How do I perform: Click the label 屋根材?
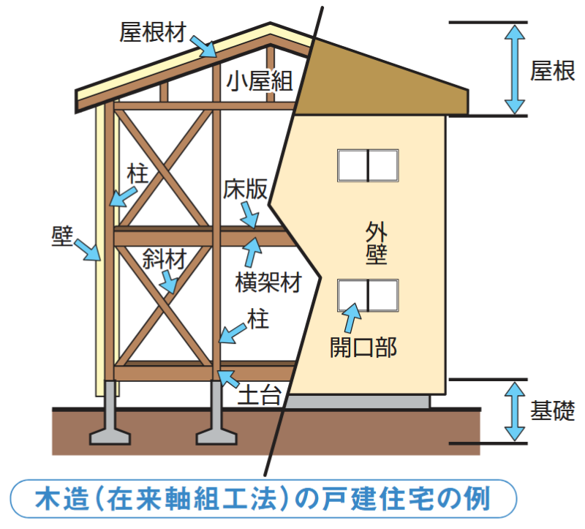tap(153, 31)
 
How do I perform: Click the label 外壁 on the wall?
tap(376, 242)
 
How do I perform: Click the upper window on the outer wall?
tap(368, 165)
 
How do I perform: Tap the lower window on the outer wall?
tap(368, 295)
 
